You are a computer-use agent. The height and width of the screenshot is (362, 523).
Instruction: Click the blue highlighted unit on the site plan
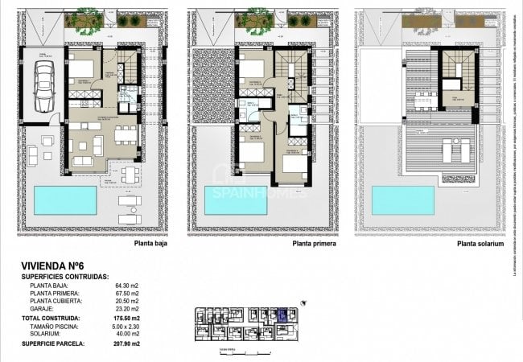[282, 315]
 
